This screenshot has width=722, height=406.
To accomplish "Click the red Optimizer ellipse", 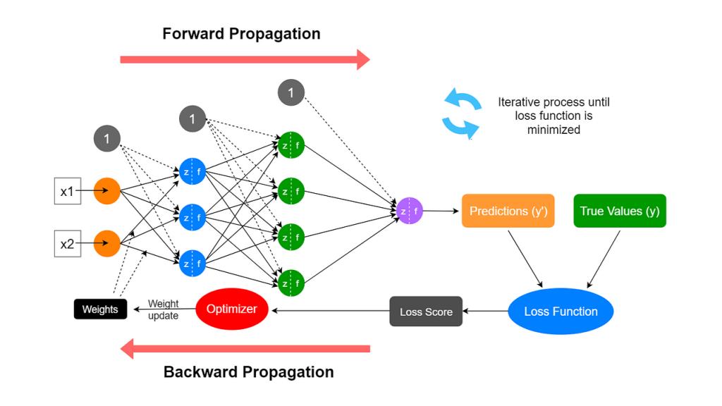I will (232, 309).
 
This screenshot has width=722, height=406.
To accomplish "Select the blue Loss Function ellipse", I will (561, 312).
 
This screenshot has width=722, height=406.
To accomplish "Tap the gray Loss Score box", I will (426, 312).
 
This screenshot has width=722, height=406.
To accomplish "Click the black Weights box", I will (100, 309).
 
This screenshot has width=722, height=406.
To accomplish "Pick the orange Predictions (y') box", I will (508, 211).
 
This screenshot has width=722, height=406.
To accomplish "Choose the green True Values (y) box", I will (620, 211).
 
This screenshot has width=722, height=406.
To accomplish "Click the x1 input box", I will (68, 191).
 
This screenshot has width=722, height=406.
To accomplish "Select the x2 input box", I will (68, 244).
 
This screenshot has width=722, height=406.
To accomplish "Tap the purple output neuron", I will (410, 211).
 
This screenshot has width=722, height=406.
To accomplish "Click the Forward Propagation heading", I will (241, 34).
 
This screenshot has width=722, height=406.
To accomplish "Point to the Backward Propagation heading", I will (248, 372).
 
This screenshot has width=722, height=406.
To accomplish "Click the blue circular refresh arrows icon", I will (462, 113).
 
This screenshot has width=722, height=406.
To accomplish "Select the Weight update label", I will (163, 309).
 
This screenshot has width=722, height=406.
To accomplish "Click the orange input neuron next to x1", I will (107, 191).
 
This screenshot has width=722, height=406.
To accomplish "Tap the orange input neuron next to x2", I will (107, 244).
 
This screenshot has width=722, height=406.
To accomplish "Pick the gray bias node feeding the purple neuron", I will (290, 92).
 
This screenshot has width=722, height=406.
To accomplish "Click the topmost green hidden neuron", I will (290, 145).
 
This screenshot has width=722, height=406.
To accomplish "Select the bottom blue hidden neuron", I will (192, 264).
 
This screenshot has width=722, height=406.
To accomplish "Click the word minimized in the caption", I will (553, 130).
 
